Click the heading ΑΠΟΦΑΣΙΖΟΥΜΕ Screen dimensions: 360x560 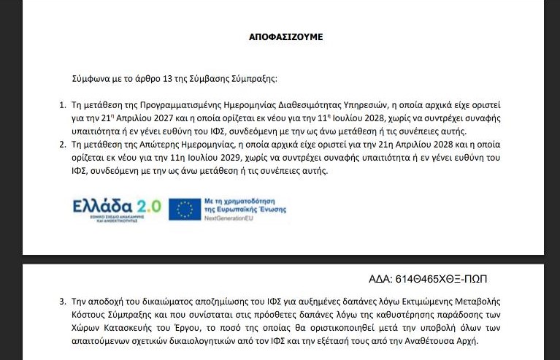pos(280,37)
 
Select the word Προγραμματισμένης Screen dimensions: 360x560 pos(182,105)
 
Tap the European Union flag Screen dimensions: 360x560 pos(185,209)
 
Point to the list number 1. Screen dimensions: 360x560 pos(62,105)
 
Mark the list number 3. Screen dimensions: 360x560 pos(62,302)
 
